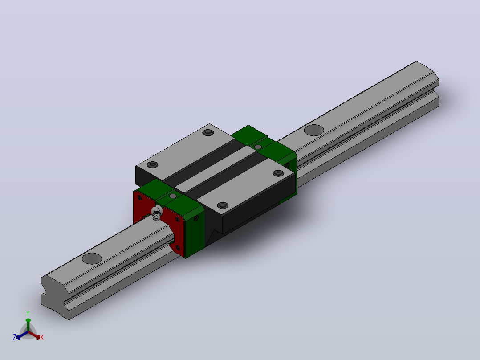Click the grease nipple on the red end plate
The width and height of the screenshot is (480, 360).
coord(157,213)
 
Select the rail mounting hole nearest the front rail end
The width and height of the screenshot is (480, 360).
coord(92,258)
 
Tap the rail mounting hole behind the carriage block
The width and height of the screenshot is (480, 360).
coord(314,130)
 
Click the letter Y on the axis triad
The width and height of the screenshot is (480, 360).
coord(28,313)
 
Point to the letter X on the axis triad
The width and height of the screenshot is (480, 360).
coord(42,337)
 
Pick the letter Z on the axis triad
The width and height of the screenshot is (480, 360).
coord(14,337)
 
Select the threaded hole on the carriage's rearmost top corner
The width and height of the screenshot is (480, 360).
coord(208,133)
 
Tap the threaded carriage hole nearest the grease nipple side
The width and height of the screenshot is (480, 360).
coord(152,165)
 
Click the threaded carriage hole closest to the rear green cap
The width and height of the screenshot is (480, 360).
coord(278,173)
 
